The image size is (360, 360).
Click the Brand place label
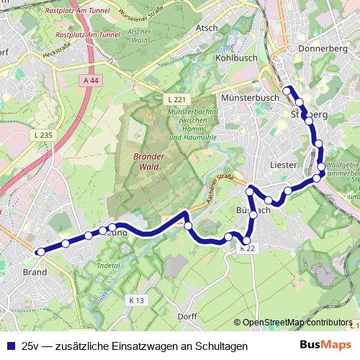pyautogui.click(x=35, y=272)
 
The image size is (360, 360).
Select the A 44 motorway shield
pyautogui.click(x=90, y=81)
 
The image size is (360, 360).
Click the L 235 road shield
pyautogui.click(x=42, y=135)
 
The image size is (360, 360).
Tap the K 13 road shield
pyautogui.click(x=136, y=300)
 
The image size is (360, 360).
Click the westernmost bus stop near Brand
pyautogui.click(x=41, y=251)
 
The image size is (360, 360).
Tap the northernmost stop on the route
pyautogui.click(x=287, y=90)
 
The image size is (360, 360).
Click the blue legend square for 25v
pyautogui.click(x=9, y=346)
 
